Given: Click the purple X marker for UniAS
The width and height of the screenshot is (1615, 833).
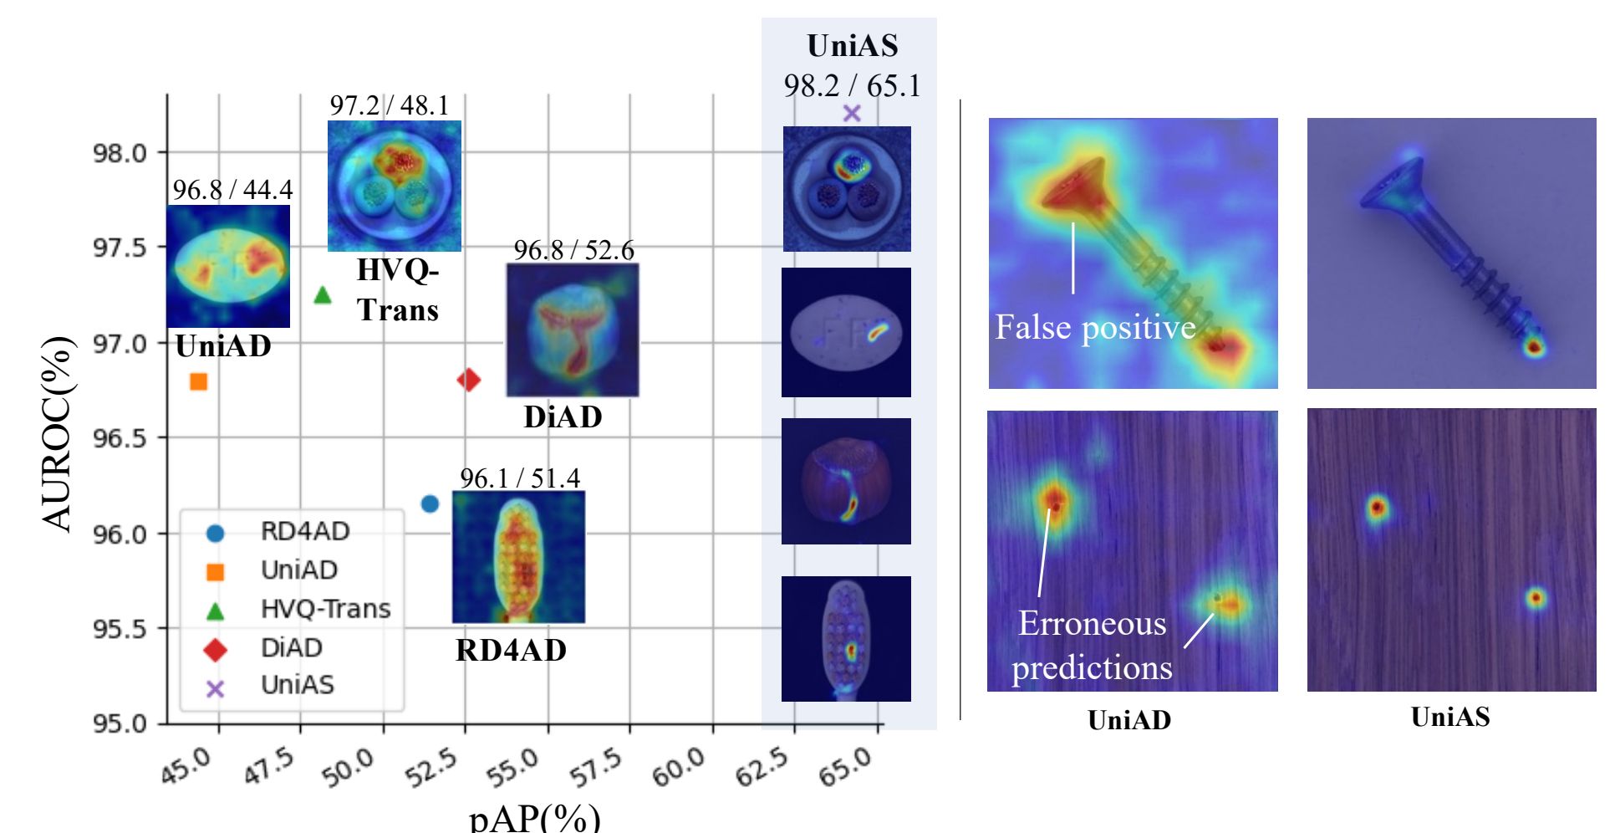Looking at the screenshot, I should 852,113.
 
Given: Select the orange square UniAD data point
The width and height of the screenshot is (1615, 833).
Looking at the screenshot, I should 198,382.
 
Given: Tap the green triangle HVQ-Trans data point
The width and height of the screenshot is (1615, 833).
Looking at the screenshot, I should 323,294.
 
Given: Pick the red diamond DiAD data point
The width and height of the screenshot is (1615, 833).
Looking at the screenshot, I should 468,380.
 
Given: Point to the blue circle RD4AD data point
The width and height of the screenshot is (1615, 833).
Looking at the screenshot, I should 430,503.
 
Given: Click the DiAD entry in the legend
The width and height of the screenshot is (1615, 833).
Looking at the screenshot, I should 291,648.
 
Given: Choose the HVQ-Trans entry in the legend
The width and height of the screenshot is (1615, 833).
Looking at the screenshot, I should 324,609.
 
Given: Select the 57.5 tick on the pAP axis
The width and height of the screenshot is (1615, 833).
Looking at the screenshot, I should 597,768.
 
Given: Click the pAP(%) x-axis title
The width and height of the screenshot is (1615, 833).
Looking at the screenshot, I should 534,818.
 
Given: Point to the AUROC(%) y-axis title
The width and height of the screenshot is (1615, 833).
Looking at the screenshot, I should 57,433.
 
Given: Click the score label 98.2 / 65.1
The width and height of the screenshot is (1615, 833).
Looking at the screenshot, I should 852,86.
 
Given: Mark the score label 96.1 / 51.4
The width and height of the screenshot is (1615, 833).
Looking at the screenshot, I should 519,478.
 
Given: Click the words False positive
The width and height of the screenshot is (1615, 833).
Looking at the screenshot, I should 1095,327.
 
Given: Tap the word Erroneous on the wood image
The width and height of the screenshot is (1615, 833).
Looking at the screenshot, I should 1092,624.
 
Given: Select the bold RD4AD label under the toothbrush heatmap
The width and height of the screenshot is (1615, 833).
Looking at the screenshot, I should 511,650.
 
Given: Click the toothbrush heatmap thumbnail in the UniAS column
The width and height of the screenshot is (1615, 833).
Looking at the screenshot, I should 846,639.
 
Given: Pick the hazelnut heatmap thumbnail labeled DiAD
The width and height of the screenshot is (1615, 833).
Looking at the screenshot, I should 573,330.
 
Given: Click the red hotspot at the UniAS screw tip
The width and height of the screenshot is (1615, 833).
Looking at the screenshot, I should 1533,347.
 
